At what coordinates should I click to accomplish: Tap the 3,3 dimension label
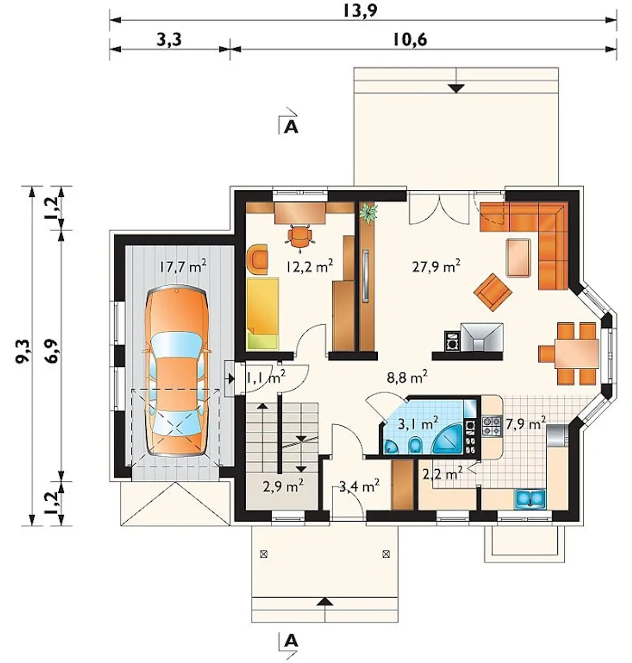pyautogui.click(x=169, y=40)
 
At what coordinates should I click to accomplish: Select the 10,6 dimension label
pyautogui.click(x=410, y=40)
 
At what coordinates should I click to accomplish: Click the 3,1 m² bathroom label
pyautogui.click(x=418, y=424)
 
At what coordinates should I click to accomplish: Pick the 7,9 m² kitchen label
pyautogui.click(x=525, y=423)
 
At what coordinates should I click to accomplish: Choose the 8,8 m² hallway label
pyautogui.click(x=407, y=377)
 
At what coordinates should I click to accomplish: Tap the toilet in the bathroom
pyautogui.click(x=414, y=446)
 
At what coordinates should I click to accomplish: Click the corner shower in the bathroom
pyautogui.click(x=447, y=439)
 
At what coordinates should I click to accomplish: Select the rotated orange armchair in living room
pyautogui.click(x=493, y=292)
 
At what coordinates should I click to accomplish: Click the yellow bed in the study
pyautogui.click(x=263, y=313)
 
